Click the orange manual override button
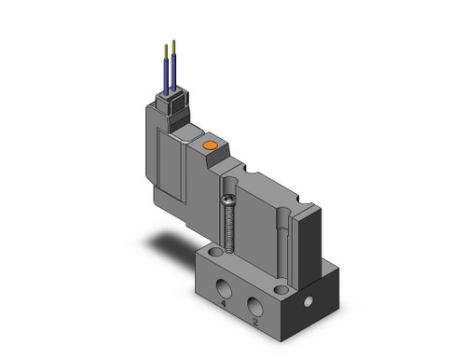coord(210,145)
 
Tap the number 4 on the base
coord(223,304)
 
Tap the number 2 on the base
coord(255,322)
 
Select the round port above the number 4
coord(223,288)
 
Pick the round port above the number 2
coord(255,306)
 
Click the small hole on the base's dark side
coord(308,301)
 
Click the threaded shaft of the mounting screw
coord(229,229)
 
